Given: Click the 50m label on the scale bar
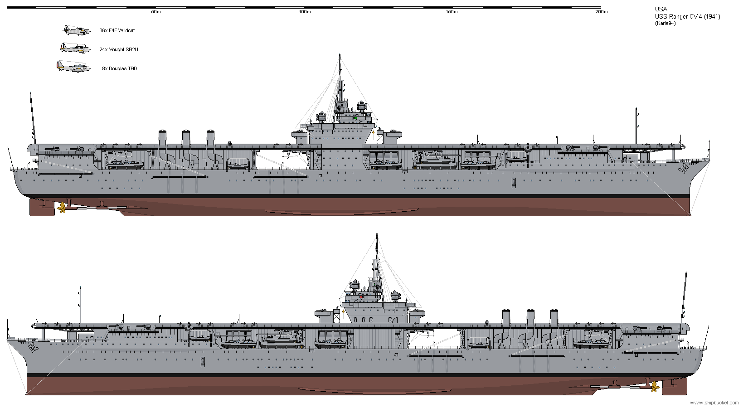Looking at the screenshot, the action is tap(156, 12).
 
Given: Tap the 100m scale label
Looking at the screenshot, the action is tap(305, 12).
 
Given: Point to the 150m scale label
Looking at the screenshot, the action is tap(452, 12).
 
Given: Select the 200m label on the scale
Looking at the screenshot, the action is tap(602, 12).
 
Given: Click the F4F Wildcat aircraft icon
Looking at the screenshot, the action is tap(77, 30).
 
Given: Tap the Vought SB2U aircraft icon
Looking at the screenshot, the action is tap(75, 48).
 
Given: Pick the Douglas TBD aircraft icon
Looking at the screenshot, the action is tap(74, 67).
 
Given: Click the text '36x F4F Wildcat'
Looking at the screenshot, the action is tap(117, 30).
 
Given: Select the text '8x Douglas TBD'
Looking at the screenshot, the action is tap(120, 68).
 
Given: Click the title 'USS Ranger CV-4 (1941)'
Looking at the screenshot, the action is tap(687, 17).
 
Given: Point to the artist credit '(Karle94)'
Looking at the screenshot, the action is tap(665, 24).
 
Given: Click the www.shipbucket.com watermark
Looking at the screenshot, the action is tap(714, 403).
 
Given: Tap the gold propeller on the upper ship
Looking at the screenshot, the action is tap(62, 207).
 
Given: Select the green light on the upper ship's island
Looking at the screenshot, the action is tap(355, 118).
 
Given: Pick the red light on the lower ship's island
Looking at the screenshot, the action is tap(361, 297).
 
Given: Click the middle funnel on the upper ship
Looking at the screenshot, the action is tap(186, 139).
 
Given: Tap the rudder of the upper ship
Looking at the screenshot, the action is tap(42, 207).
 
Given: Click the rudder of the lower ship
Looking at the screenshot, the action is tap(675, 386).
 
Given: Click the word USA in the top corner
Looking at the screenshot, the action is tap(661, 10).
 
